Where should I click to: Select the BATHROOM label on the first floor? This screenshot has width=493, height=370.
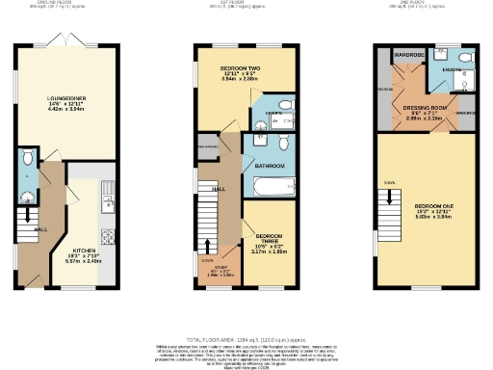click(268, 167)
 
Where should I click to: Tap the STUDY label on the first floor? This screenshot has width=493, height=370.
click(220, 268)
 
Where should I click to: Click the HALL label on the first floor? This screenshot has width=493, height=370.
click(219, 188)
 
